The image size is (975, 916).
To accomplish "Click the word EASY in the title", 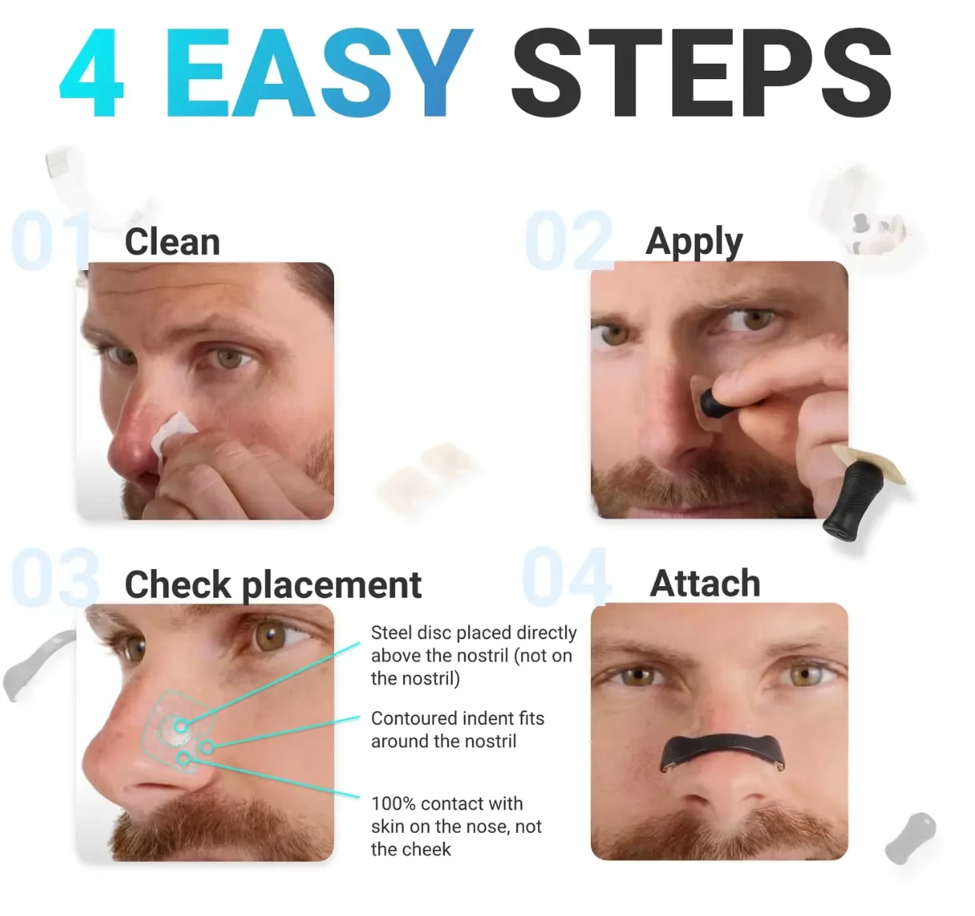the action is tap(320, 73).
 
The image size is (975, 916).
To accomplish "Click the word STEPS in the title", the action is tap(701, 73).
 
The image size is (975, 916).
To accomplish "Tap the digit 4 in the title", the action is tap(92, 73).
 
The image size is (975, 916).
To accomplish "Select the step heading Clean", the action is tap(172, 242).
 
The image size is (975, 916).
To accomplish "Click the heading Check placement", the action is tap(273, 585).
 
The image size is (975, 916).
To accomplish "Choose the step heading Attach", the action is tap(705, 584).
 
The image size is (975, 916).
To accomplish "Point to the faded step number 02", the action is tap(570, 241).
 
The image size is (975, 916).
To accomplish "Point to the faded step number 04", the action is tap(566, 577).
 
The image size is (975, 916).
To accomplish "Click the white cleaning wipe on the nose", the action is tap(172, 433).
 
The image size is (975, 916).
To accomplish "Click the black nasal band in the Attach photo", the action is tap(722, 750).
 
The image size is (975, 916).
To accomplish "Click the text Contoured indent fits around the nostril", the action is tap(457, 730).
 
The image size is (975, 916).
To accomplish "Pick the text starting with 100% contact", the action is tap(456, 826).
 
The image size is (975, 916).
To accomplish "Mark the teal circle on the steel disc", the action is tap(181, 726).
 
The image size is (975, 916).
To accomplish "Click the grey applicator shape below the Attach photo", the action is tap(911, 838).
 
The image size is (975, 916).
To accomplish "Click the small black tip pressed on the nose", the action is tap(712, 403).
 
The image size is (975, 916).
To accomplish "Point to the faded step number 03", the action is tap(55, 578).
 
